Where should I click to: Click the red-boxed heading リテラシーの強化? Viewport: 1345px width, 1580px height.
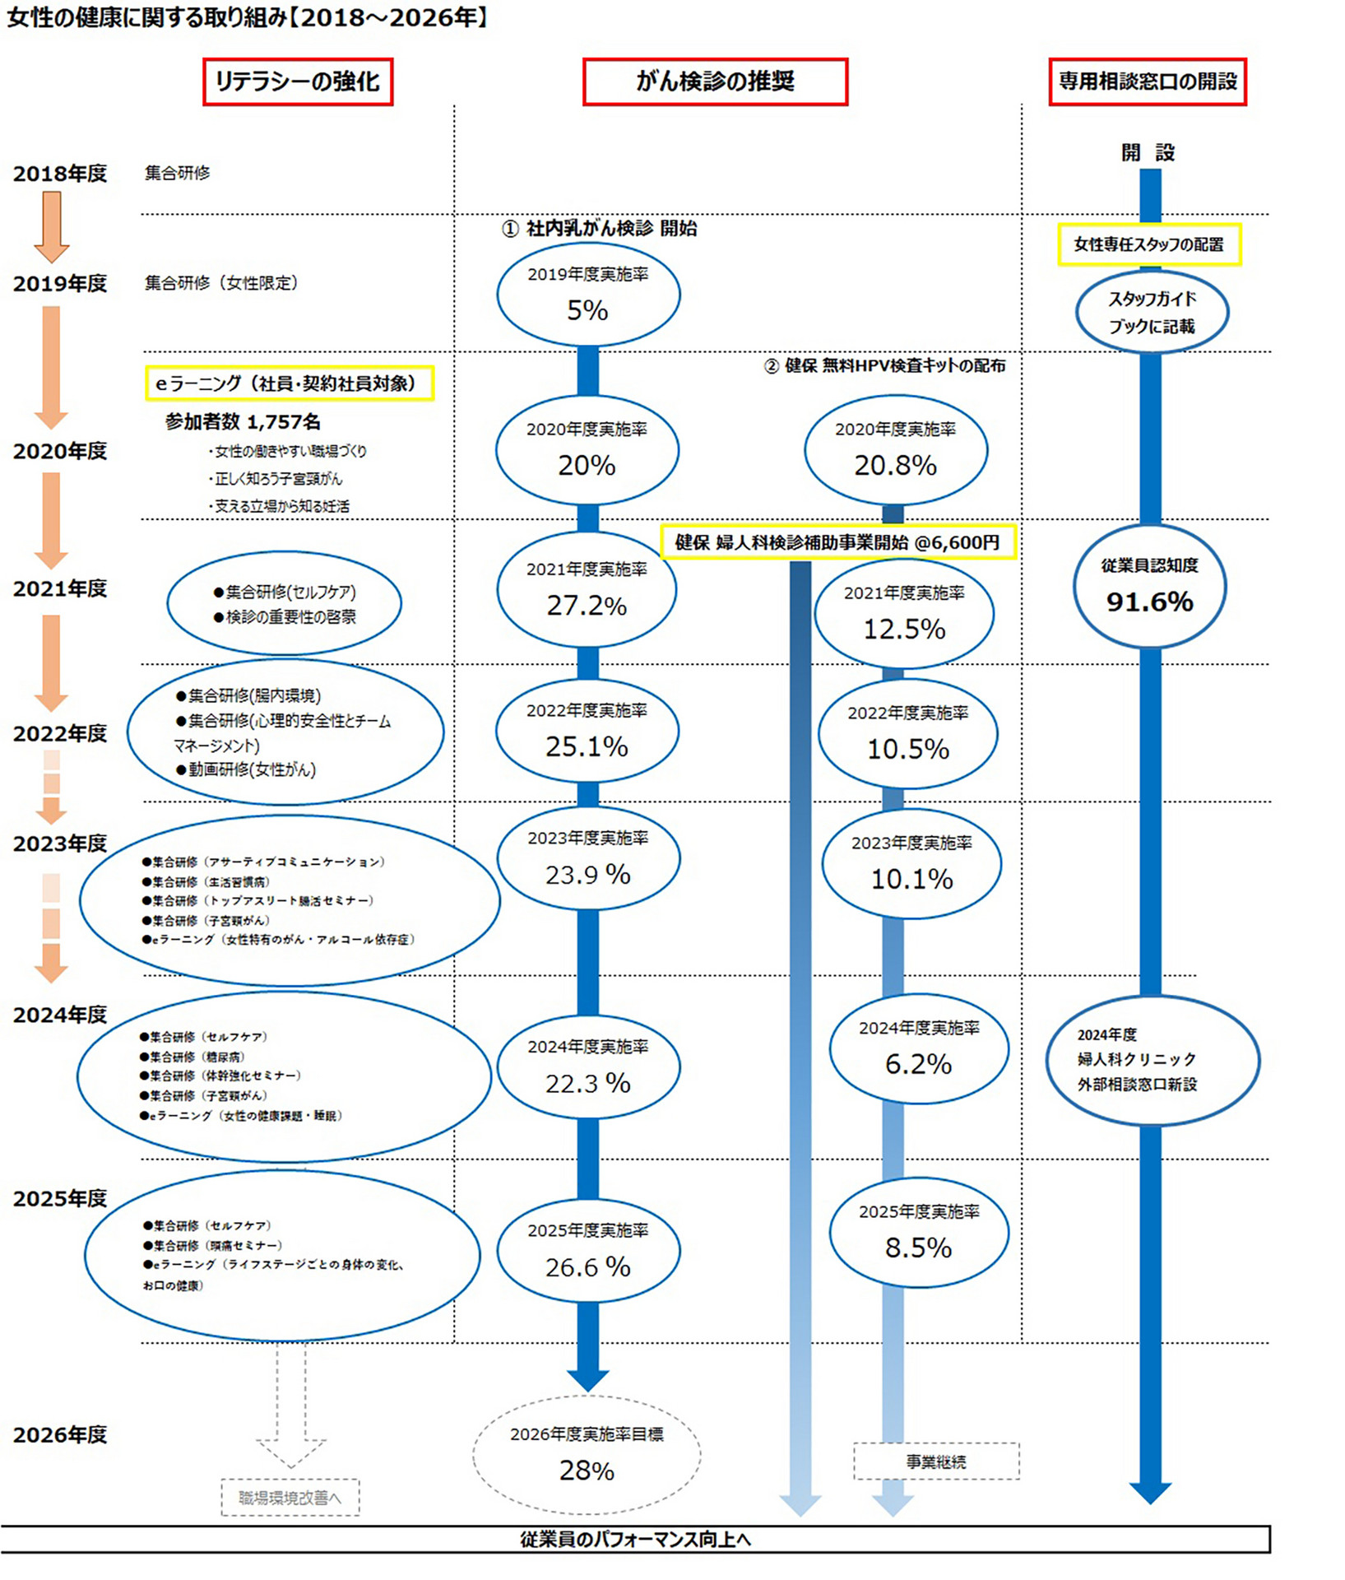click(298, 81)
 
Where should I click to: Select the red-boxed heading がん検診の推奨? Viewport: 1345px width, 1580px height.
click(715, 81)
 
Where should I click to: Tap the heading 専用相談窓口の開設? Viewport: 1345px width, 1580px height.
click(1148, 81)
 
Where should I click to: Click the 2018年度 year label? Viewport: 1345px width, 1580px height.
click(60, 174)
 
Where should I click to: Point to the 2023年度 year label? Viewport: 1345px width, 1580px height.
click(60, 843)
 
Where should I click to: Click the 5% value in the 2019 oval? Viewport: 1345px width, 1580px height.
click(587, 310)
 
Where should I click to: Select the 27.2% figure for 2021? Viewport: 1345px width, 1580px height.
click(587, 606)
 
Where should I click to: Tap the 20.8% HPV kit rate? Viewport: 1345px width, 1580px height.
click(895, 466)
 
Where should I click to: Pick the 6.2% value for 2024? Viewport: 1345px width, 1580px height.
click(918, 1064)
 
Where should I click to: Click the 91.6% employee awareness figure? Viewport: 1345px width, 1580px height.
click(1149, 602)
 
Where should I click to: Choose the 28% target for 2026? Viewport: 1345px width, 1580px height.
click(587, 1470)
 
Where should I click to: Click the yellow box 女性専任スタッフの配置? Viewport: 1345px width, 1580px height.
click(1149, 244)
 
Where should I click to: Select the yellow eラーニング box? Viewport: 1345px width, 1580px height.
click(290, 383)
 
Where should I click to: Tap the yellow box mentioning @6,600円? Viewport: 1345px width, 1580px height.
click(838, 542)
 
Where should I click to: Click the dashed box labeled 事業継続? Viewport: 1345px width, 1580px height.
click(936, 1461)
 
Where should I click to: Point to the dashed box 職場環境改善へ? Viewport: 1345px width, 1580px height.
click(290, 1498)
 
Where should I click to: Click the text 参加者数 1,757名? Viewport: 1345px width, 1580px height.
click(243, 422)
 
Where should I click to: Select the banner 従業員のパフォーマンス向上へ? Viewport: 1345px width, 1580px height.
click(635, 1540)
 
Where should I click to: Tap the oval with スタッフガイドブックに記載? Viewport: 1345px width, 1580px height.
click(1152, 313)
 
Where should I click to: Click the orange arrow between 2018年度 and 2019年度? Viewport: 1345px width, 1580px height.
click(51, 227)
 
